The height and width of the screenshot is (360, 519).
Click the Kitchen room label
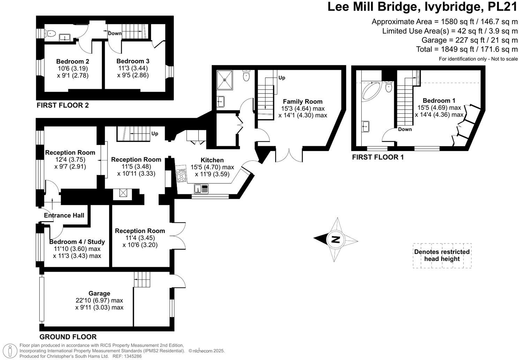tap(212, 160)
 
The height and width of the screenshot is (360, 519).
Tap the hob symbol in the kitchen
tap(182, 175)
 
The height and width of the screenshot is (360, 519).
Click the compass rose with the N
tap(336, 240)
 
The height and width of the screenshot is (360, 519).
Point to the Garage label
tap(99, 293)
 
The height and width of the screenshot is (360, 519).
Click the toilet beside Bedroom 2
tap(50, 33)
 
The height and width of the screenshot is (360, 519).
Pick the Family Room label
tap(302, 102)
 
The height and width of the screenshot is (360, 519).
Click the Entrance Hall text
tap(64, 215)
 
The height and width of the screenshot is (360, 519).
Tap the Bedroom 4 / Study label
tap(77, 242)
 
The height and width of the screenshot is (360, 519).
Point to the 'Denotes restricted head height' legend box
tap(442, 255)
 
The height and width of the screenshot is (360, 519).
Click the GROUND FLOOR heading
tap(68, 337)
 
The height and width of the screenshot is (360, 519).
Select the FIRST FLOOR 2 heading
tap(63, 105)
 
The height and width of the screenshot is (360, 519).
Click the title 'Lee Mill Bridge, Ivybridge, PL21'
tap(422, 7)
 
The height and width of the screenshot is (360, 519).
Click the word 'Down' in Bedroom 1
tap(405, 129)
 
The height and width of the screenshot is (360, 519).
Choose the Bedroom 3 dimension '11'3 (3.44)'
tap(133, 68)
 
